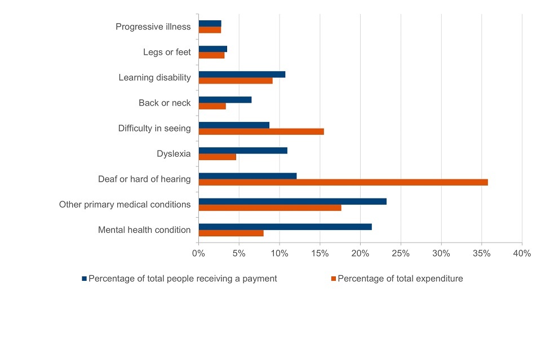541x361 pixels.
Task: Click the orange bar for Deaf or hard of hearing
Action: (343, 182)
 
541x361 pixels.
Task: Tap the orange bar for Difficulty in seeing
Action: (261, 131)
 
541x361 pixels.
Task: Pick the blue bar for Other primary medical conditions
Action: (292, 201)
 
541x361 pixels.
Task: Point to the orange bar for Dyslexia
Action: (217, 157)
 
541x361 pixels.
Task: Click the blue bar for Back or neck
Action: (225, 100)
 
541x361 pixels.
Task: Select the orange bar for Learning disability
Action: (236, 81)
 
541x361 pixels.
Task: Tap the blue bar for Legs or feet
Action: (212, 49)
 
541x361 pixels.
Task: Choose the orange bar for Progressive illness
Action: (210, 30)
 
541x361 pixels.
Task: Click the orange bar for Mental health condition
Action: (231, 233)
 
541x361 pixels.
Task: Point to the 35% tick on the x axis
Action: (481, 254)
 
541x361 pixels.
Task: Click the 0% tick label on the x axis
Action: (198, 254)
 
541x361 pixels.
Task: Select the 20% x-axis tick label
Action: (360, 254)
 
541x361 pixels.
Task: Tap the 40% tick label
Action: (522, 254)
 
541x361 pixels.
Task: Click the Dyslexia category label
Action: (174, 153)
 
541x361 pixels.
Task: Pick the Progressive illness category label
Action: (153, 27)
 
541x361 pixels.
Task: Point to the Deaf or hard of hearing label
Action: (144, 179)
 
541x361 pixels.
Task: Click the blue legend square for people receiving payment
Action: (85, 279)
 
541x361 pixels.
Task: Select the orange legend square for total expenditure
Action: (334, 279)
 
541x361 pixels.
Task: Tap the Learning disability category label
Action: (154, 77)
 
